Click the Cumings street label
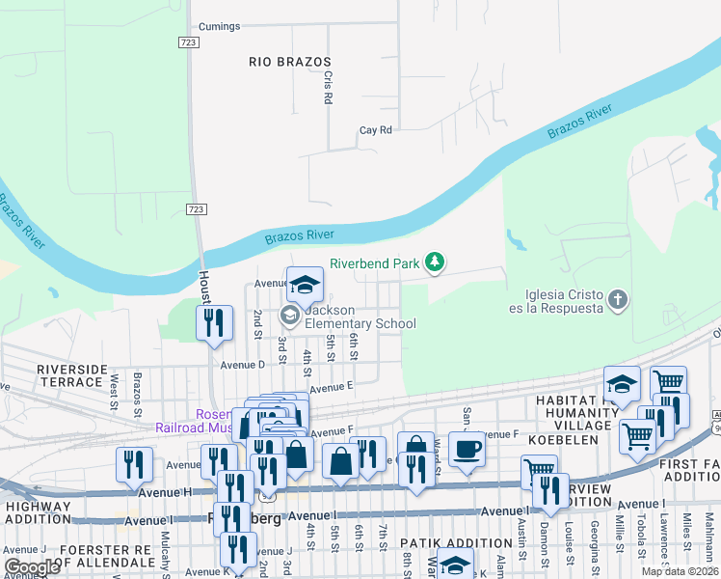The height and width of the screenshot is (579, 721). (x=219, y=26)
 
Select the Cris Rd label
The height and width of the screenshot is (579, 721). (x=328, y=87)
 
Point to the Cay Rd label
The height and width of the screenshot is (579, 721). (x=375, y=130)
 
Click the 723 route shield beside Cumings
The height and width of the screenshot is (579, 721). (x=189, y=42)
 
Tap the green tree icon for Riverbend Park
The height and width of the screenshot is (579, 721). (x=436, y=262)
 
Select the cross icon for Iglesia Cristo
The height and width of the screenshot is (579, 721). (x=618, y=301)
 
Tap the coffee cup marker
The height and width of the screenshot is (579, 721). (x=467, y=449)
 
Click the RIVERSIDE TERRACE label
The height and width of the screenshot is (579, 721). (x=70, y=375)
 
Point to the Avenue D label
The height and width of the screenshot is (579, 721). (x=242, y=365)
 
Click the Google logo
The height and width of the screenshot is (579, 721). (x=32, y=566)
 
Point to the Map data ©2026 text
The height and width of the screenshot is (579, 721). (x=680, y=571)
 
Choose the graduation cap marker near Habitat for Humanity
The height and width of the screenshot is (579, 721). (x=623, y=384)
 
